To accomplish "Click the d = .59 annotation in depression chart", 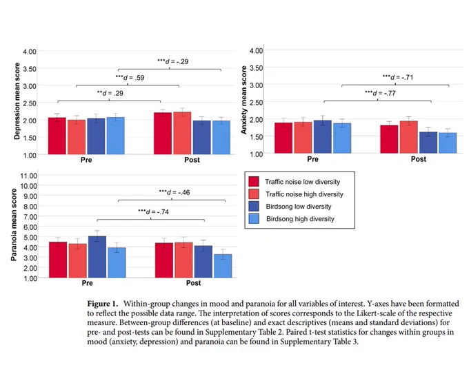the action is tap(130, 78).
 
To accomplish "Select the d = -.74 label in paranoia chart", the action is tap(153, 211).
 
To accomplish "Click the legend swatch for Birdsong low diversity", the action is tap(254, 207).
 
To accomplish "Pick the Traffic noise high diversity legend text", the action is tap(304, 194).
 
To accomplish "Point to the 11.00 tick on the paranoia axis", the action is tap(29, 176).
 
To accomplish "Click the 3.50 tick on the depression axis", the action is tap(30, 69).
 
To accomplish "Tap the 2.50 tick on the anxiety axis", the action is tap(257, 103).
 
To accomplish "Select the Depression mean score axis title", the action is tap(17, 101).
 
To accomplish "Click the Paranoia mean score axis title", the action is tap(14, 225).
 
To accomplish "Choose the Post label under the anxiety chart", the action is tap(419, 159).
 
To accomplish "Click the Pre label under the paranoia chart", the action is tap(88, 283).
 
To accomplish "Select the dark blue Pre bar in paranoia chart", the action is tap(97, 257).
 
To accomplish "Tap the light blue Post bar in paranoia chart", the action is tap(223, 266).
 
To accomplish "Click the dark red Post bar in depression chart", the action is tap(163, 134).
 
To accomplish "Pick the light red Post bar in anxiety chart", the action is tap(408, 137).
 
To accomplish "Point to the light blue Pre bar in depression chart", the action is tap(115, 136).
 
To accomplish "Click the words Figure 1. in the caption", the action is tap(103, 304).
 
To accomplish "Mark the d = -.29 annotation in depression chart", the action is tap(173, 61).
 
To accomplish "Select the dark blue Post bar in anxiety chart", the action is tap(428, 143).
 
